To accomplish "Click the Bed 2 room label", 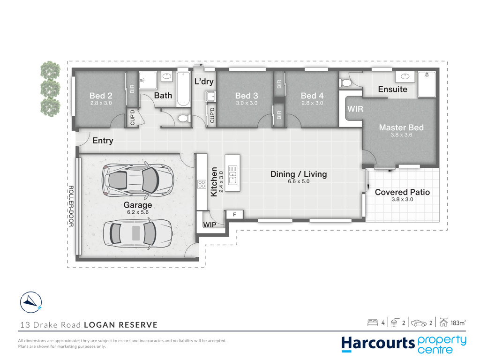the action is (x=101, y=96).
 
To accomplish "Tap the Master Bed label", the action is (x=401, y=127).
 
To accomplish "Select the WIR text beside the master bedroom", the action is (x=355, y=109).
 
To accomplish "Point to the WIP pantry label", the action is (x=210, y=225).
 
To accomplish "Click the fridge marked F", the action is (x=235, y=214).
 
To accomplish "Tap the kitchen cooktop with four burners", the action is (x=202, y=184).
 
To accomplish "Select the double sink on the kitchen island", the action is (x=232, y=175).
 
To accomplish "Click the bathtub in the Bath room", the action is (x=183, y=89).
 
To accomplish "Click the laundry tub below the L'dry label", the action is (x=210, y=97).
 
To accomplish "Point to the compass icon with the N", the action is (x=31, y=302).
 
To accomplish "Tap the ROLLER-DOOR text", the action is (x=71, y=206).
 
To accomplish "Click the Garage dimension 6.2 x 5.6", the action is (x=138, y=212).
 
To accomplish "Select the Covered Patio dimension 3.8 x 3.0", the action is (x=402, y=199).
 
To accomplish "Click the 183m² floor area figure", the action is (x=458, y=322).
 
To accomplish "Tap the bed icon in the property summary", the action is (x=373, y=322).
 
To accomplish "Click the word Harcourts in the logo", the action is (x=378, y=344).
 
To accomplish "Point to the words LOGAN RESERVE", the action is (x=121, y=325).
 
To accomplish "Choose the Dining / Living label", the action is (x=299, y=174).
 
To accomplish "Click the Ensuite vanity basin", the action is (x=405, y=76).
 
